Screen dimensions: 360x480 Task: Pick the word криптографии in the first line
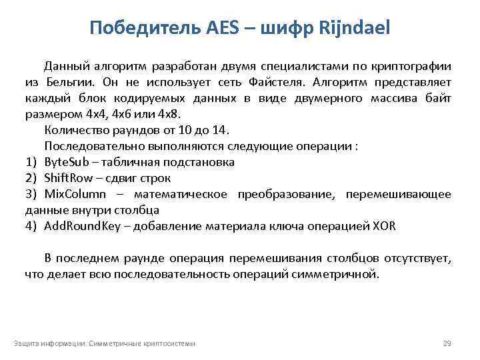coord(411,66)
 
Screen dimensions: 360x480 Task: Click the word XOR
coord(385,226)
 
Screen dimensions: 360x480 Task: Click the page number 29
coord(447,343)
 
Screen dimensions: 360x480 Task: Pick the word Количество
coord(72,130)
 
